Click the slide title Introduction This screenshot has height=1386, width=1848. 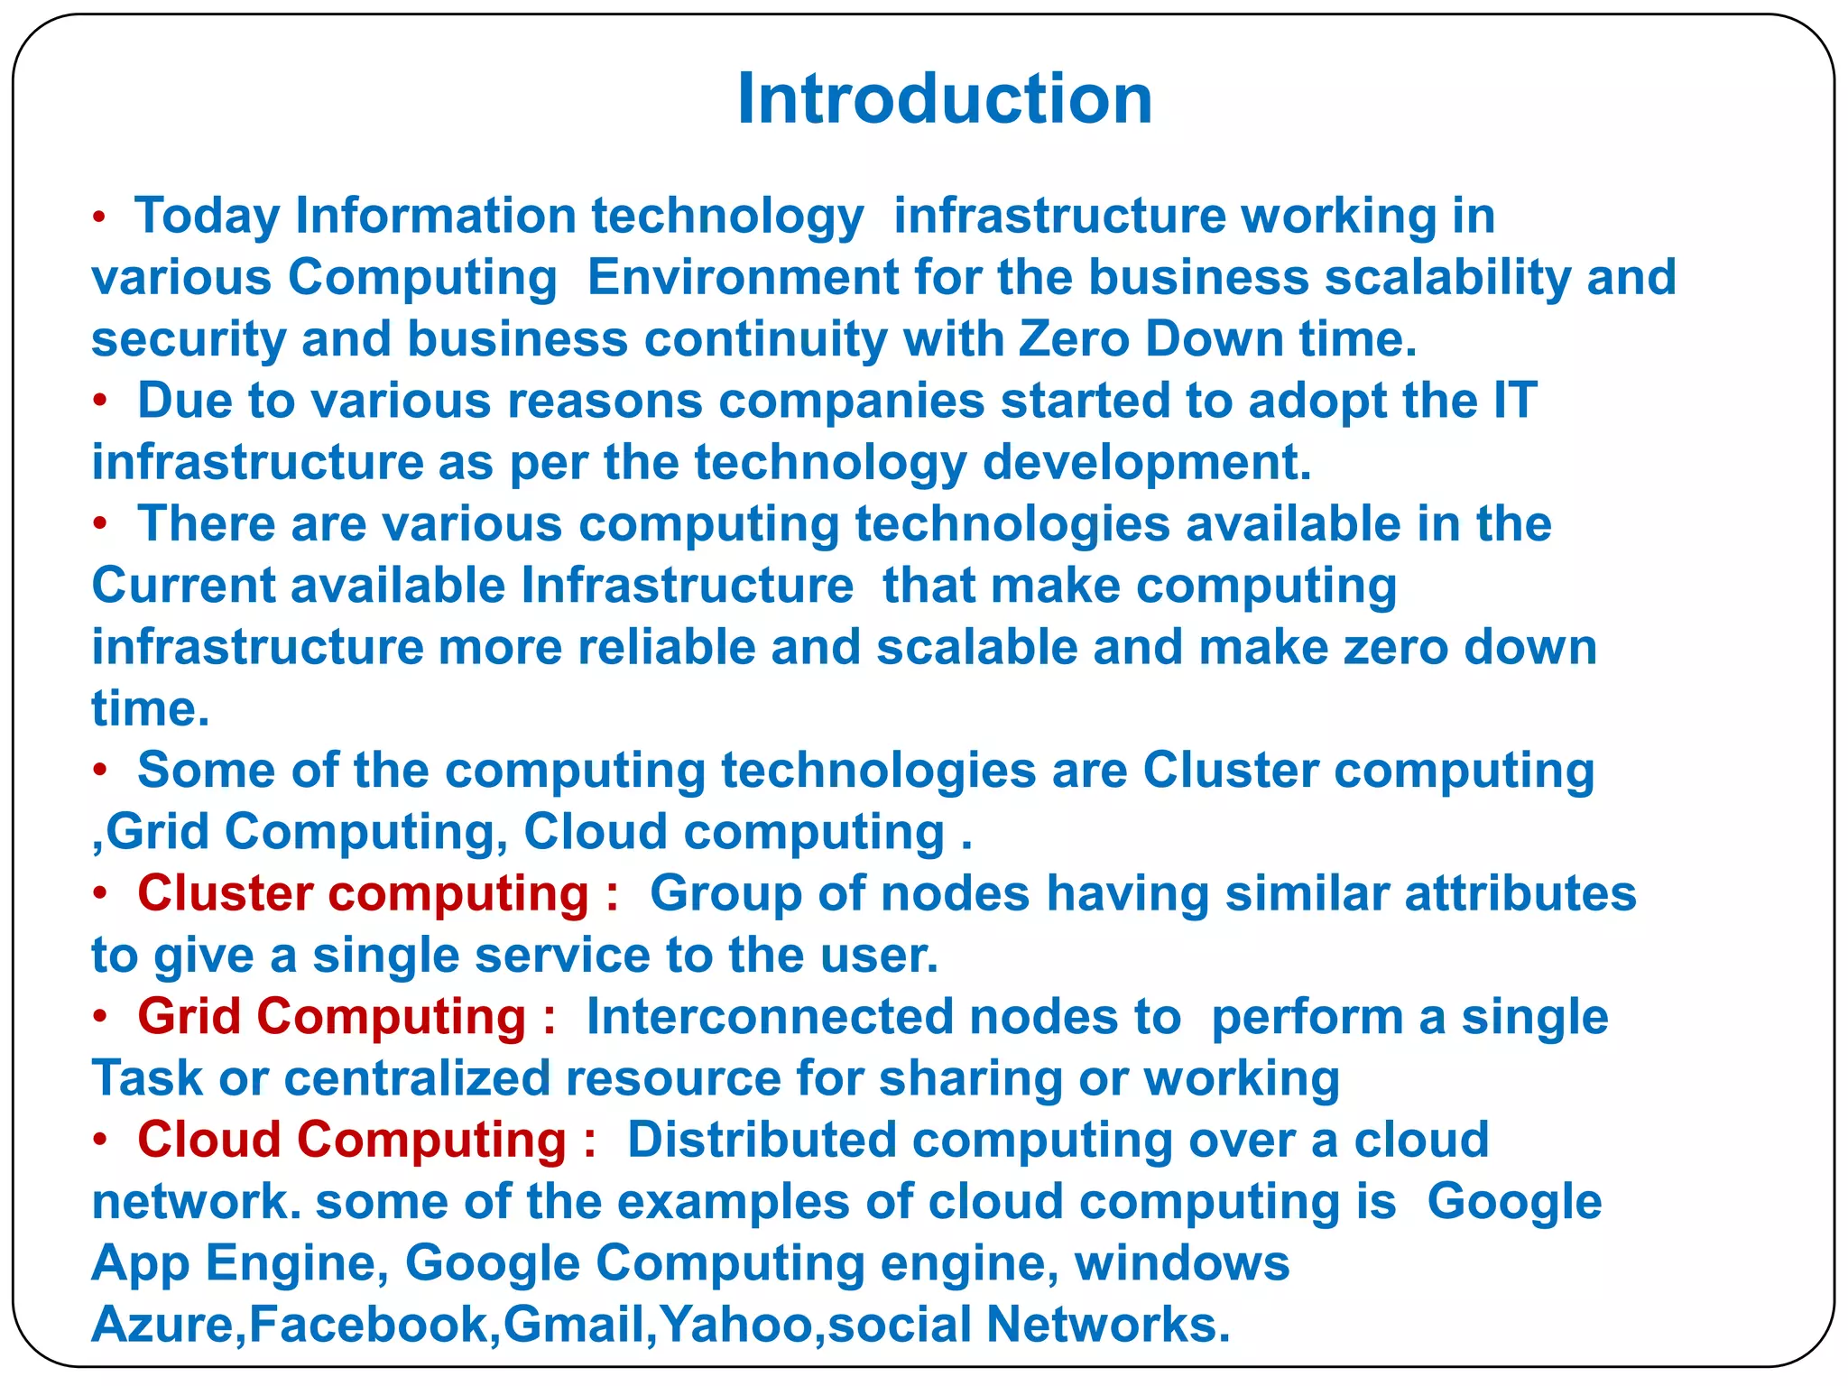coord(944,98)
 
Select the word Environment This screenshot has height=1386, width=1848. coord(743,277)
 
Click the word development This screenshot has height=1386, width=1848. coord(1146,463)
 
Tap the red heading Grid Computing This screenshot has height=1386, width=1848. coord(331,1017)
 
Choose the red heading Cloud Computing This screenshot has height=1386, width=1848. coord(352,1140)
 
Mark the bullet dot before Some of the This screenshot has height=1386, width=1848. coord(101,771)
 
